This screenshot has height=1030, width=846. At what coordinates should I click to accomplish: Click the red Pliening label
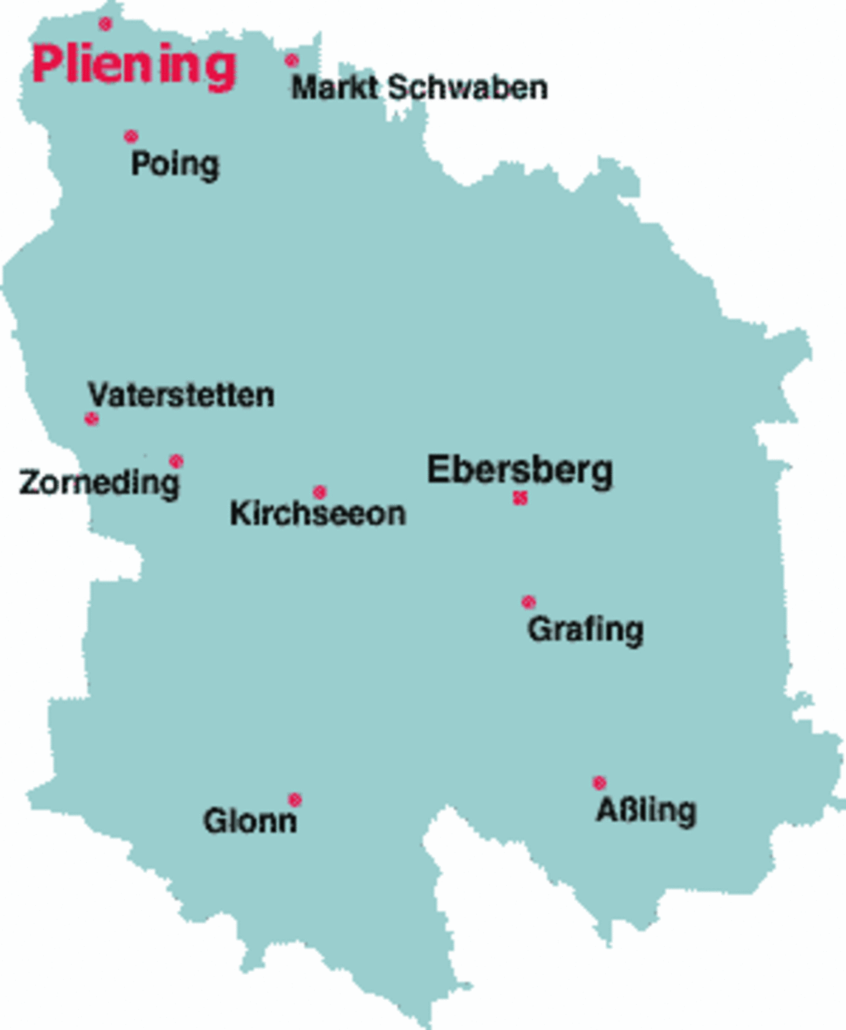click(x=134, y=65)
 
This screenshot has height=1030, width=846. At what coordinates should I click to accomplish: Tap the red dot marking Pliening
click(x=105, y=24)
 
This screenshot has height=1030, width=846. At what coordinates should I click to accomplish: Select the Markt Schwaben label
click(x=419, y=88)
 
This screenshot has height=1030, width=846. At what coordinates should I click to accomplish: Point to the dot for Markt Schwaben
click(x=291, y=60)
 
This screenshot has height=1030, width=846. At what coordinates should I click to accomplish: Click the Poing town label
click(x=174, y=164)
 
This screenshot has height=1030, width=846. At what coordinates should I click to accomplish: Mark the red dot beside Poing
click(x=130, y=136)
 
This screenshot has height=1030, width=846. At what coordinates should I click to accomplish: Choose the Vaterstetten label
click(x=181, y=394)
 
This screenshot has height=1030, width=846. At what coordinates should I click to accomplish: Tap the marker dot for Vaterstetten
click(x=91, y=418)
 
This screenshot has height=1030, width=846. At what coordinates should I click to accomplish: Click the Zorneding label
click(x=99, y=482)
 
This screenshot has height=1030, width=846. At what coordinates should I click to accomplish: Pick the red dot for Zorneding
click(x=176, y=460)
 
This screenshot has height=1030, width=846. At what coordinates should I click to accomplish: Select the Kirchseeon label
click(x=318, y=514)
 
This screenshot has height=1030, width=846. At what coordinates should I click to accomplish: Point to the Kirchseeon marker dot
click(x=319, y=492)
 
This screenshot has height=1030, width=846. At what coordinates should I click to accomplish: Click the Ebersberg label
click(x=520, y=470)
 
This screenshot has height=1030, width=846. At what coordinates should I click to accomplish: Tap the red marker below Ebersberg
click(x=521, y=497)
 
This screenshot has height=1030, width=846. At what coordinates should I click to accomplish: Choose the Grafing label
click(x=585, y=629)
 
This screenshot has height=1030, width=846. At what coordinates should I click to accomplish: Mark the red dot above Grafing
click(x=528, y=602)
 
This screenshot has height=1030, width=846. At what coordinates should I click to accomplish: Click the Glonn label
click(x=249, y=821)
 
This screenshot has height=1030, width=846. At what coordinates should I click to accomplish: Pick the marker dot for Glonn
click(x=294, y=799)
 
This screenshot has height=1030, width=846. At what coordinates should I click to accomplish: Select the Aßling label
click(x=645, y=811)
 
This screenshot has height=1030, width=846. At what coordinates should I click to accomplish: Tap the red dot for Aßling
click(x=599, y=782)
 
